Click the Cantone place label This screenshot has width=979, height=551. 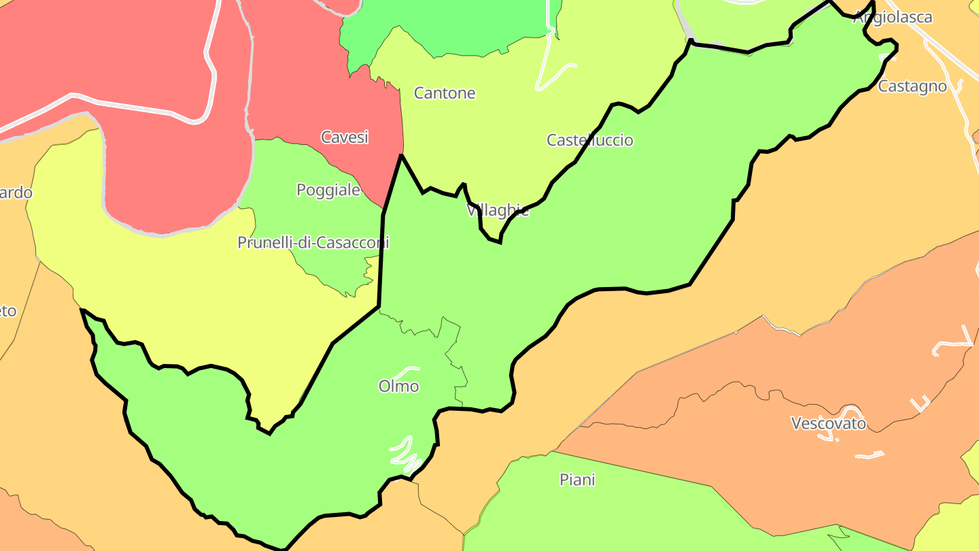pos(445,93)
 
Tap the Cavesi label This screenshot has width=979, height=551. pos(345,137)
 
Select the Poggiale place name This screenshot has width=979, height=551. pos(328,190)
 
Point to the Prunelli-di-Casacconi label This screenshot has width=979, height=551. pos(313,242)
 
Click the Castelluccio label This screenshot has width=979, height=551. pos(590,140)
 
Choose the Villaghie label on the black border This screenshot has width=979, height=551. pos(498,210)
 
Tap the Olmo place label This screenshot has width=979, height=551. pos(398,386)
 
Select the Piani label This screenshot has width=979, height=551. pos(577,480)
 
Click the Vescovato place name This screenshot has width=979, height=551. pos(829,423)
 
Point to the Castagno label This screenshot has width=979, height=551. pos(912,86)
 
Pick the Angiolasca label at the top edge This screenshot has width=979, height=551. pos(893,18)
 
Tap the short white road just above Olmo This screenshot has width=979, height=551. pos(407,371)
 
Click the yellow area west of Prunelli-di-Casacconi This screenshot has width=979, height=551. pos(170,286)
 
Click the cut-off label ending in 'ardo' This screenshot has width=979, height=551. pos(16,193)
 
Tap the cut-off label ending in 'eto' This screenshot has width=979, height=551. pos(7,311)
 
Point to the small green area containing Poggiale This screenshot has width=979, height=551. pos(320,218)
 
